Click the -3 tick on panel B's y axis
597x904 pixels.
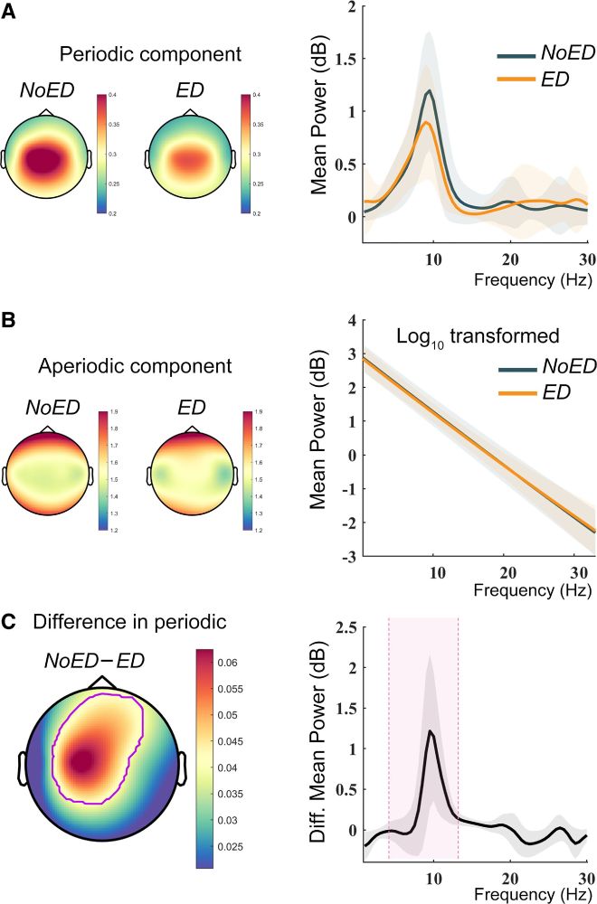click(341, 557)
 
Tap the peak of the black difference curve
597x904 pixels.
click(431, 731)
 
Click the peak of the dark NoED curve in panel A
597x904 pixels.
click(430, 90)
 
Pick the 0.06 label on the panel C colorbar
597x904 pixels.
click(232, 663)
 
